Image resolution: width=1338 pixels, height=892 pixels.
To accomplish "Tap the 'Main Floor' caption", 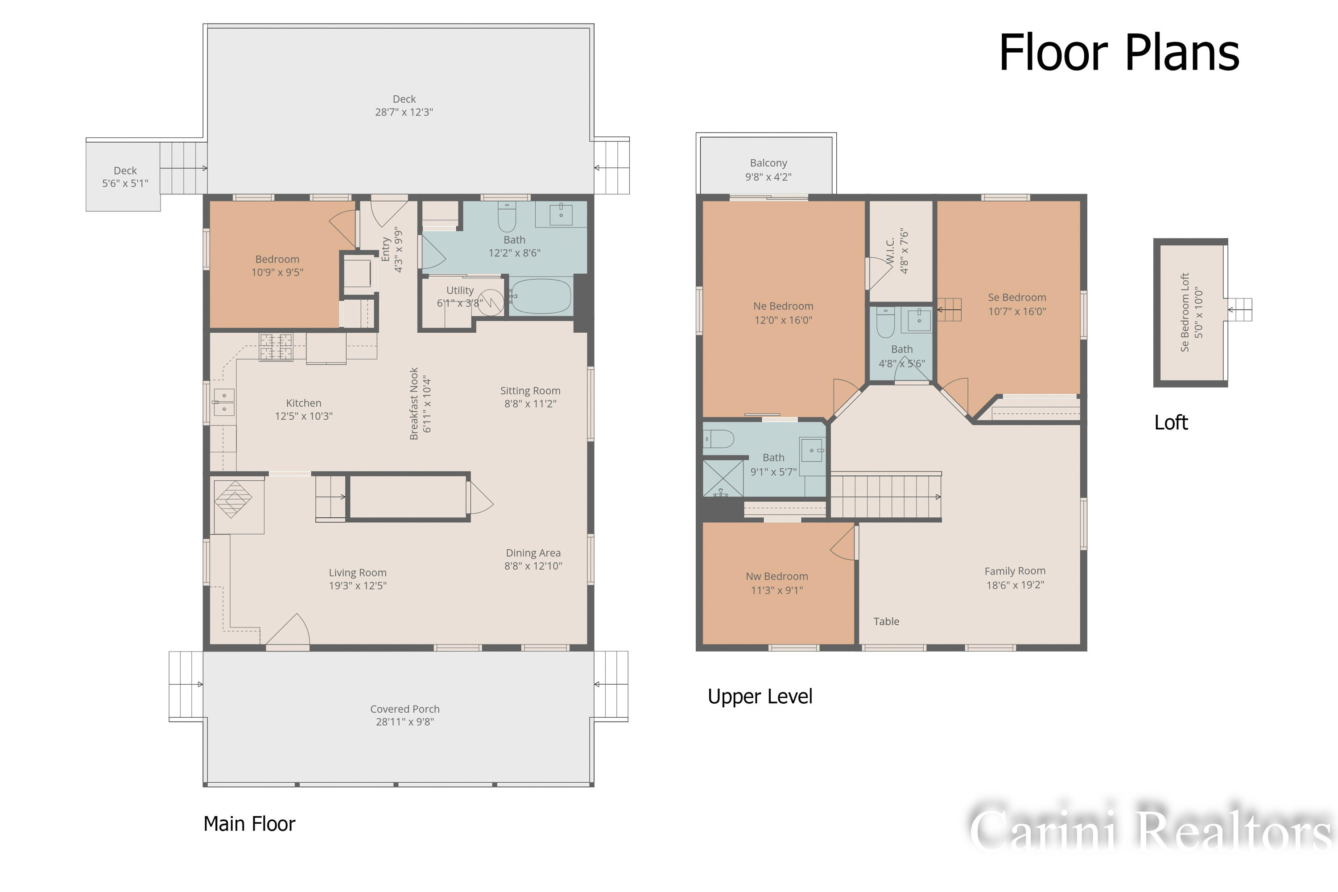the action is (x=249, y=824).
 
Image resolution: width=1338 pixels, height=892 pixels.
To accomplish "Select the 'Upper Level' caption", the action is (x=760, y=697).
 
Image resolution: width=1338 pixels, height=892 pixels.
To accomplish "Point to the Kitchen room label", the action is (x=304, y=403).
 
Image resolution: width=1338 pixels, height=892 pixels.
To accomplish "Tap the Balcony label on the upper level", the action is (x=768, y=163).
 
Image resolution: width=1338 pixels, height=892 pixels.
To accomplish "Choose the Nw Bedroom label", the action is (x=777, y=576).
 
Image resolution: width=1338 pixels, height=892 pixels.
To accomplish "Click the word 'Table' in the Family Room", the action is (x=886, y=622).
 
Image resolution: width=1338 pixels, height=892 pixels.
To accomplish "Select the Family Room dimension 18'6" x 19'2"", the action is (x=1016, y=585).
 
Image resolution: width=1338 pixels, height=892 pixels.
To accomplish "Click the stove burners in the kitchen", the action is (x=276, y=347).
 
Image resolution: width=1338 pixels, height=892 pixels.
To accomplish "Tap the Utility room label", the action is (x=460, y=290).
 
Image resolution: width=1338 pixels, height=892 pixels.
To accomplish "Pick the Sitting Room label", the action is (x=530, y=391).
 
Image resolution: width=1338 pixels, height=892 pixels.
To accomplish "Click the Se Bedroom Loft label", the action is (x=1185, y=312).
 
